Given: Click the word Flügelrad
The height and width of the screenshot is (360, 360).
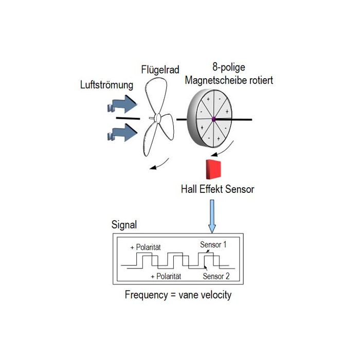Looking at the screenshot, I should click(x=159, y=69).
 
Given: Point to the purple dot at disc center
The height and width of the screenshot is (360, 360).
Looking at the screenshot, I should click(x=212, y=120).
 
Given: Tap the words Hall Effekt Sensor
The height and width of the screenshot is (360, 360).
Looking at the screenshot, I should click(x=218, y=189).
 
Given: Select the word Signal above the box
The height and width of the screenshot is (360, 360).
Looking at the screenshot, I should click(x=124, y=226).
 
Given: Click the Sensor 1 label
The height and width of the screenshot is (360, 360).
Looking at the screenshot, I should click(x=213, y=244).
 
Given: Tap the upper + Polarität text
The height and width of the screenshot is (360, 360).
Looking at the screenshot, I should click(x=147, y=247).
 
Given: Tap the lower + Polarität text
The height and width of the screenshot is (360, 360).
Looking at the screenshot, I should click(x=166, y=277).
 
